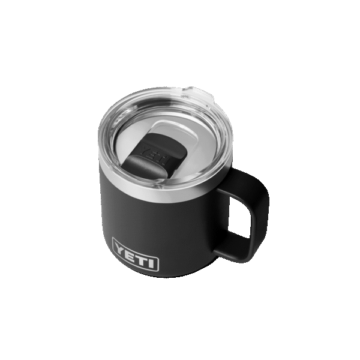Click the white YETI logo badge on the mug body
[x=136, y=254]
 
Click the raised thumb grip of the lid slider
[x=140, y=167]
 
